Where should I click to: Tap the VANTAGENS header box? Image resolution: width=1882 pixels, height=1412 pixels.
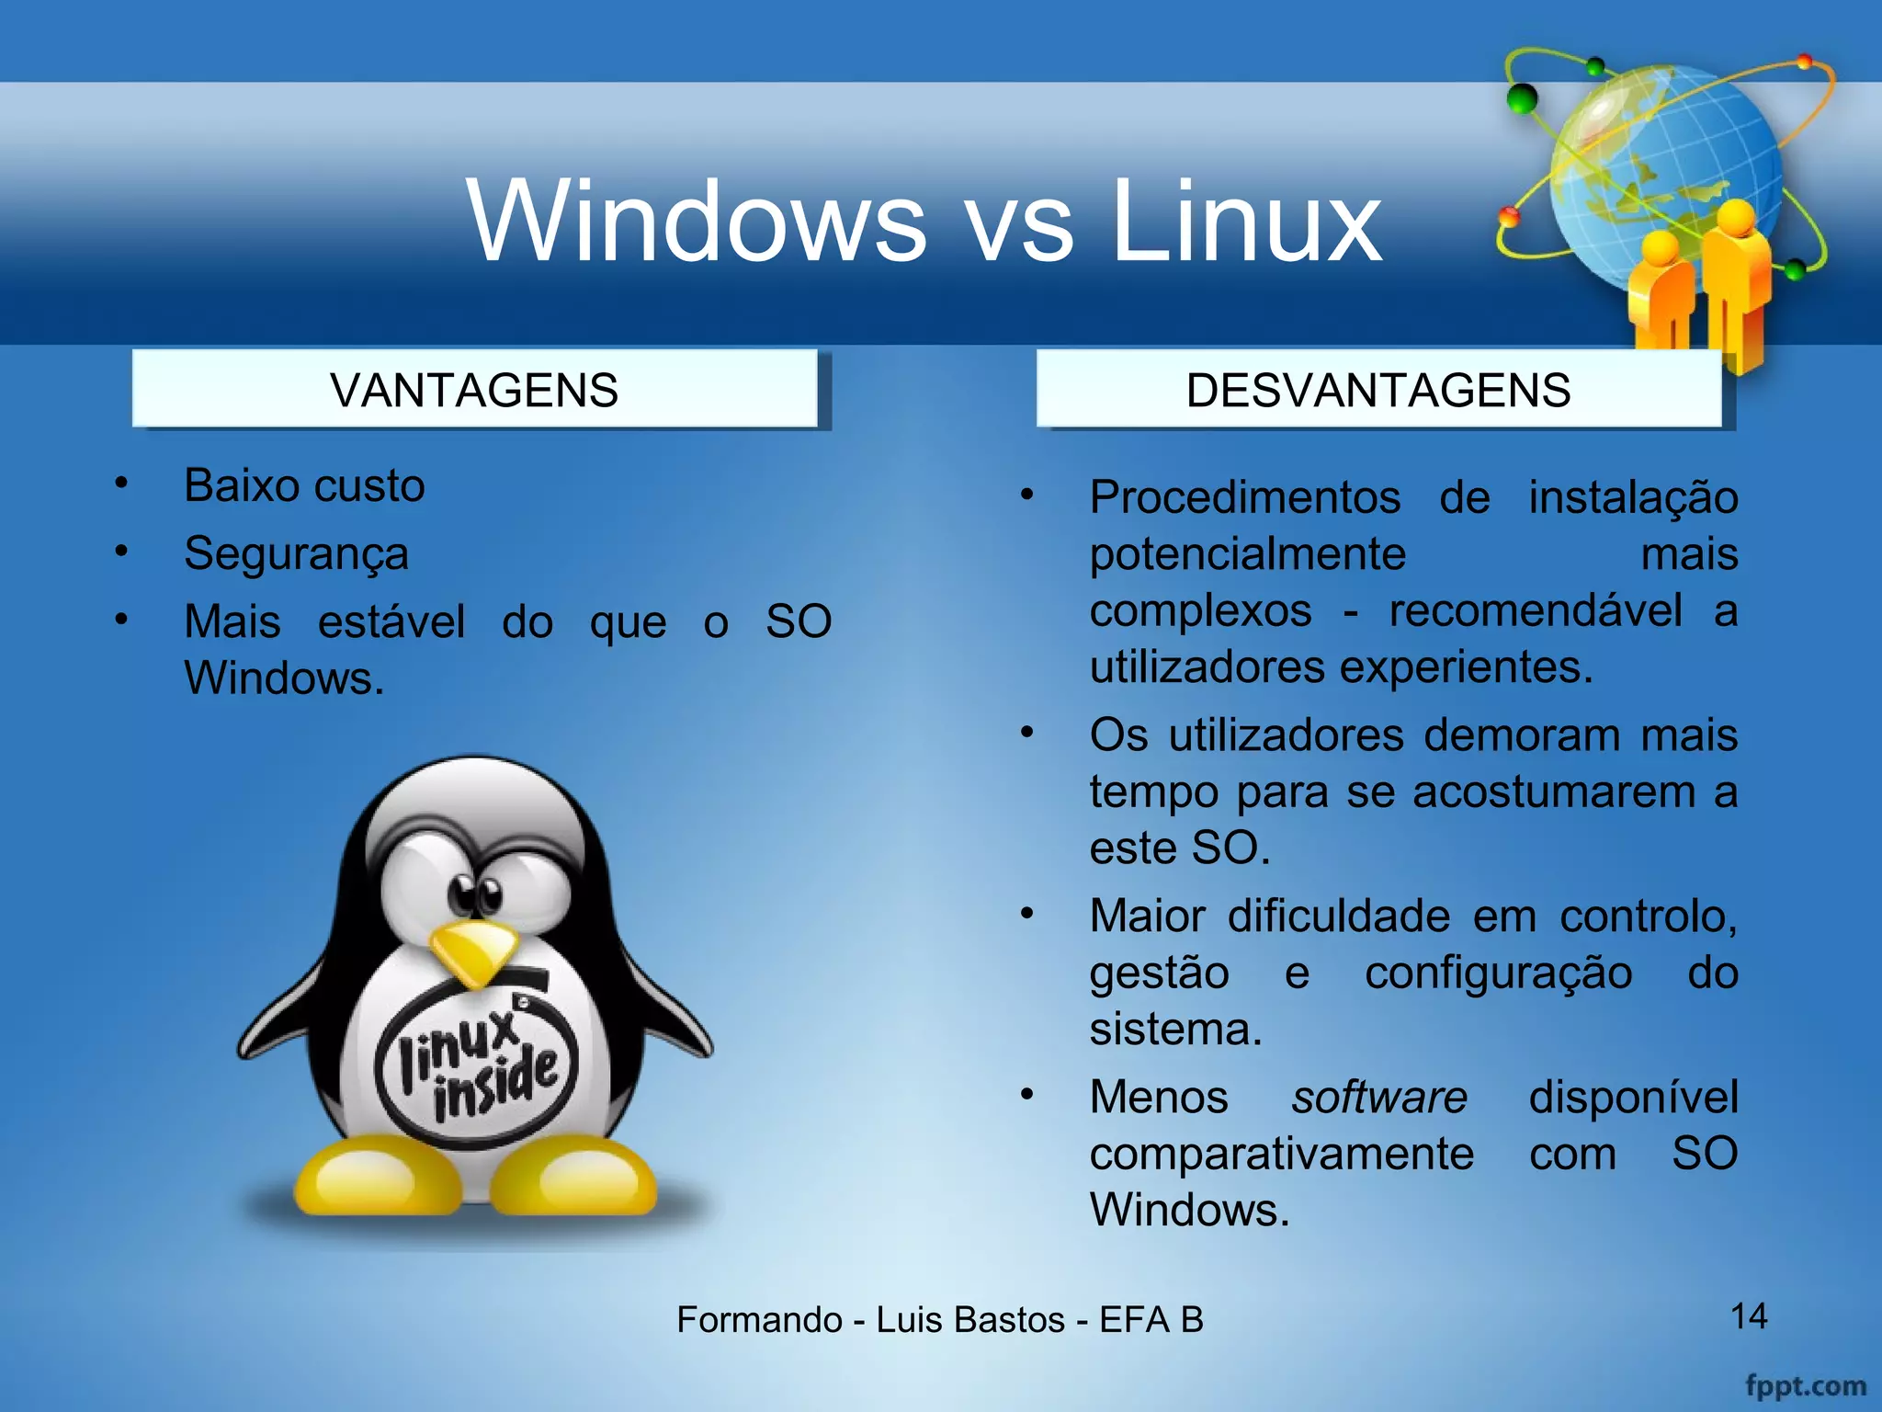(x=474, y=390)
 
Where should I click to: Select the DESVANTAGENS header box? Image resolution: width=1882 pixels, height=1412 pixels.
(x=1378, y=390)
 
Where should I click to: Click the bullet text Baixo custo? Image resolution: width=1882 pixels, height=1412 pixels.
(x=304, y=485)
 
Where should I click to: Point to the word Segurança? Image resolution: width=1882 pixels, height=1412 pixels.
(x=296, y=553)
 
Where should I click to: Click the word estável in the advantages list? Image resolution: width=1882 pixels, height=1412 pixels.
(x=391, y=621)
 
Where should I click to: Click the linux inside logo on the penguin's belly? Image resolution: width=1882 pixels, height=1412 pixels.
(x=478, y=1066)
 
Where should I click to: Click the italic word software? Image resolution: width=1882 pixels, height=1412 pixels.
(x=1378, y=1098)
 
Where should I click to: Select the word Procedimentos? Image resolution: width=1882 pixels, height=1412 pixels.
(x=1245, y=497)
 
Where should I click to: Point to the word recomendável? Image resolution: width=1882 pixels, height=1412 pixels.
(x=1535, y=610)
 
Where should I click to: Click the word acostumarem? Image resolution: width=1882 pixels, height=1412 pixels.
(x=1553, y=791)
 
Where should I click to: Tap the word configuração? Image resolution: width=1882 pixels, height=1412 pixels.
(x=1498, y=973)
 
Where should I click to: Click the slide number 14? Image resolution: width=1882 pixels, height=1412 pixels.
(x=1749, y=1316)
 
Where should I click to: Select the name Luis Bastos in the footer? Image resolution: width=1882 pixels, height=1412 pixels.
(x=969, y=1320)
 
